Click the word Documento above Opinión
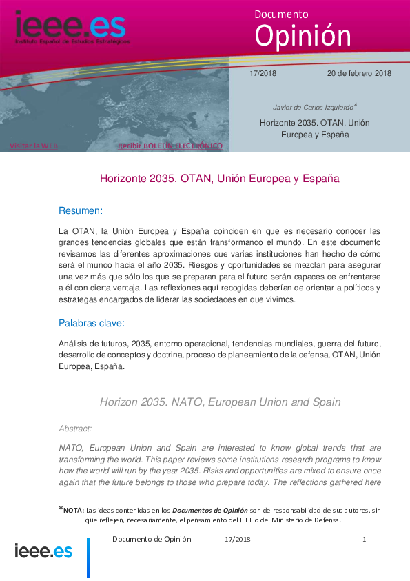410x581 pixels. pyautogui.click(x=281, y=14)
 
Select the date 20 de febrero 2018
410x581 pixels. pyautogui.click(x=358, y=73)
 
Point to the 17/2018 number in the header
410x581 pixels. pyautogui.click(x=262, y=73)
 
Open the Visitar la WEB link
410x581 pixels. pyautogui.click(x=34, y=146)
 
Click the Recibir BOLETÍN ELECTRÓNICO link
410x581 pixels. pyautogui.click(x=170, y=146)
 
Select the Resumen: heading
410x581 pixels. pyautogui.click(x=81, y=209)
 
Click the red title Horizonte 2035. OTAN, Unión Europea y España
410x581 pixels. pyautogui.click(x=219, y=179)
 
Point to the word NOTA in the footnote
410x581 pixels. pyautogui.click(x=73, y=510)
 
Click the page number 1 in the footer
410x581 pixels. pyautogui.click(x=364, y=539)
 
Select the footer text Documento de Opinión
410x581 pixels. pyautogui.click(x=152, y=539)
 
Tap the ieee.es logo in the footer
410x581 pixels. pyautogui.click(x=43, y=551)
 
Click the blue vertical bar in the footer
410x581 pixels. pyautogui.click(x=88, y=558)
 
